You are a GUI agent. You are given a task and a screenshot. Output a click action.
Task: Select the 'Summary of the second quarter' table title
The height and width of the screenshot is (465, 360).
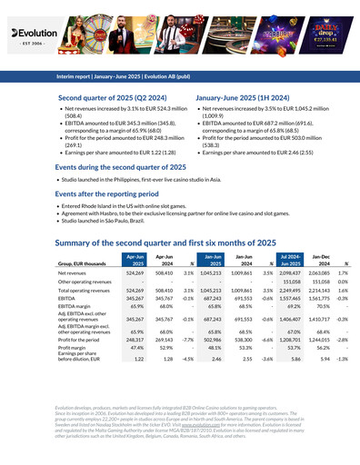(165, 242)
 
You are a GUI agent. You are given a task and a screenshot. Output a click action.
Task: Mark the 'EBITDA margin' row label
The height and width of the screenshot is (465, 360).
(73, 306)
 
